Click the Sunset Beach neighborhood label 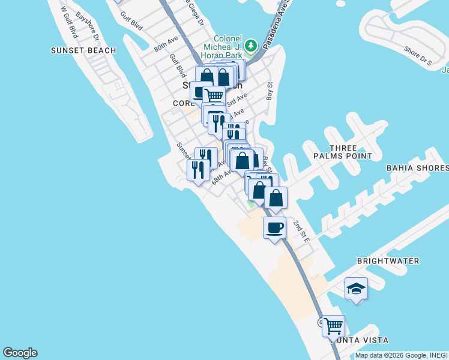[83, 50]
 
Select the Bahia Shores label [417, 168]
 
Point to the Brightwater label [388, 261]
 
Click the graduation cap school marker [356, 289]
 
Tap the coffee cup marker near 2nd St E [275, 228]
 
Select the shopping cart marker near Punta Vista [333, 326]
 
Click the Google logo [20, 353]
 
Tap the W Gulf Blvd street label [70, 22]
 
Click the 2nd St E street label [301, 231]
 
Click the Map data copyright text [401, 355]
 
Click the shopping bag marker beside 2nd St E [276, 198]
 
